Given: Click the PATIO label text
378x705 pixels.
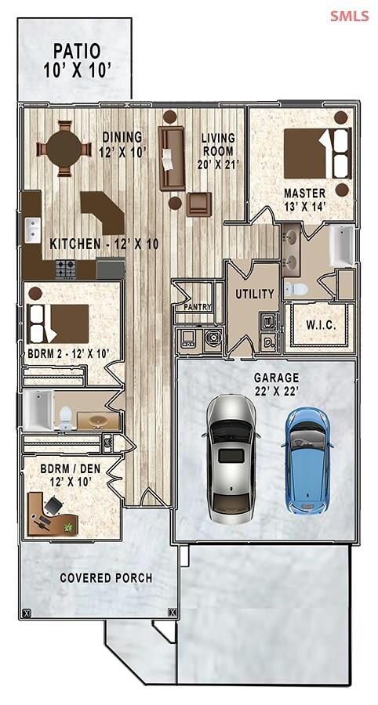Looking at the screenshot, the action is pos(77,51).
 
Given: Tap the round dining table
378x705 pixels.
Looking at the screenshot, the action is pos(64,148).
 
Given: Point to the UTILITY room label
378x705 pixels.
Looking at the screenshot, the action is pos(255,294).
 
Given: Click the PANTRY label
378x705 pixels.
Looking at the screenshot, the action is pos(198,307).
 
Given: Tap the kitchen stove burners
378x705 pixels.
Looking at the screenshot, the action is pos(66,269).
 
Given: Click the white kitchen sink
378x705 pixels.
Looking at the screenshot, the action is pos(32,230).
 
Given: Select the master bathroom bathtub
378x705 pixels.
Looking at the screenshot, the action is pos(342,246).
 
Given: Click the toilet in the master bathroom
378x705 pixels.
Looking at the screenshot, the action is pos(296,290).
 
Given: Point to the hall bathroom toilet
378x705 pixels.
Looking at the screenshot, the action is pos(66,418).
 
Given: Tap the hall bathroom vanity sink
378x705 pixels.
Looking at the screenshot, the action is pos(96,421).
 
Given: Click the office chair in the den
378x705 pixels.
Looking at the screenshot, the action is pos(53,505).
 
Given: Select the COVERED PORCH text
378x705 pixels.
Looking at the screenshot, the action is pos(106,578).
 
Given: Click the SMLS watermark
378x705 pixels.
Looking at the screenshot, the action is pos(350,16).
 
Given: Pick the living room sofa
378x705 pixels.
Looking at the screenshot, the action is pos(172,158).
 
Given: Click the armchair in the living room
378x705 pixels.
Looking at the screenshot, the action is pos(199,204).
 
